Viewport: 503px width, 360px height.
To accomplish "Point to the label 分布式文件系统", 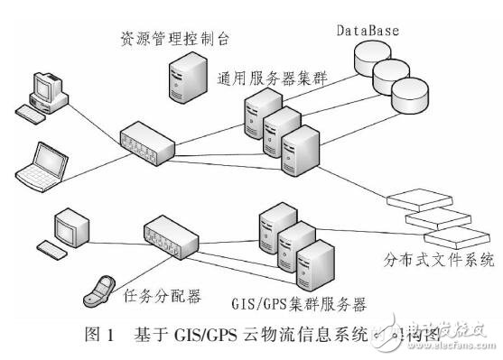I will tap(441, 260).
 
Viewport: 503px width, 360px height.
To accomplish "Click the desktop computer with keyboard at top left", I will tap(42, 95).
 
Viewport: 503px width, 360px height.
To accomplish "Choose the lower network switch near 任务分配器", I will tap(172, 236).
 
